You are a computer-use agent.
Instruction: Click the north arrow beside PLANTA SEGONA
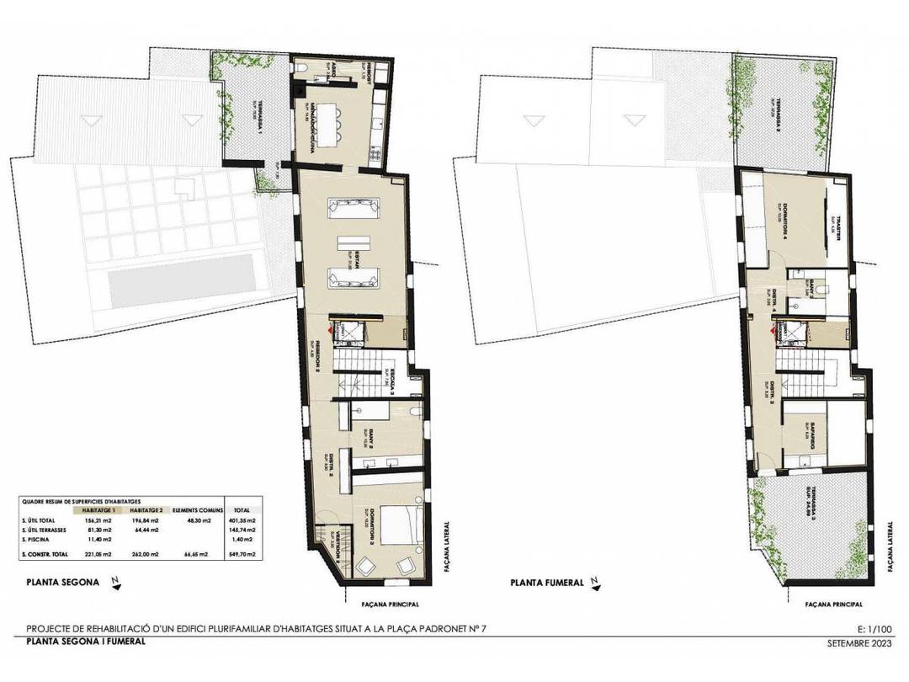tap(117, 581)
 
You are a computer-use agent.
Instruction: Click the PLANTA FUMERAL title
tap(546, 582)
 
